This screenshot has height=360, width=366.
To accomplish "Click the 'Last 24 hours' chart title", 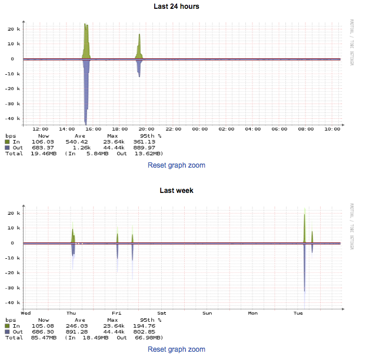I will click(x=182, y=6).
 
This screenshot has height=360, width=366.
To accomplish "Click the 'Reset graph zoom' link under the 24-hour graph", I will click(x=177, y=165).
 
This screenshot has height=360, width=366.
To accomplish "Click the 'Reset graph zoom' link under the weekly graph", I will click(x=177, y=349).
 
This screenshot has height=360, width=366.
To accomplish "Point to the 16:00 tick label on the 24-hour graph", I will click(x=94, y=129).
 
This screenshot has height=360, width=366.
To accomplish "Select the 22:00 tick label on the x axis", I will click(x=173, y=129).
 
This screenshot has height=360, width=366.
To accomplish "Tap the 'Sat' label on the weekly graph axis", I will click(x=162, y=313).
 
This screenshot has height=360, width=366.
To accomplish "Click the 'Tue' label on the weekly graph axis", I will click(x=298, y=313).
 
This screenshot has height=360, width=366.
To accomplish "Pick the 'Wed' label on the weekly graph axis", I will click(x=26, y=313).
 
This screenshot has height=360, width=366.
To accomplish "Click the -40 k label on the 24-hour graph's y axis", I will click(x=14, y=119).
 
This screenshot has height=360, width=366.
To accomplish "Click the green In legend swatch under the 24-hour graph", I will click(x=8, y=142).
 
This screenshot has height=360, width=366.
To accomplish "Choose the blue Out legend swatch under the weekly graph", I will click(x=8, y=331).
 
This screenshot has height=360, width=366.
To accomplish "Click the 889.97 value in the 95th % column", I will click(x=144, y=148).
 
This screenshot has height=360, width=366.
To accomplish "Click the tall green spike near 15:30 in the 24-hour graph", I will click(x=86, y=41).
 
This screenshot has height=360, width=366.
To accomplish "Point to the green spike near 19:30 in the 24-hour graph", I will click(x=139, y=47).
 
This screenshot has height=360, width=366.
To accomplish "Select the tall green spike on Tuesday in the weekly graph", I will click(x=304, y=226).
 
